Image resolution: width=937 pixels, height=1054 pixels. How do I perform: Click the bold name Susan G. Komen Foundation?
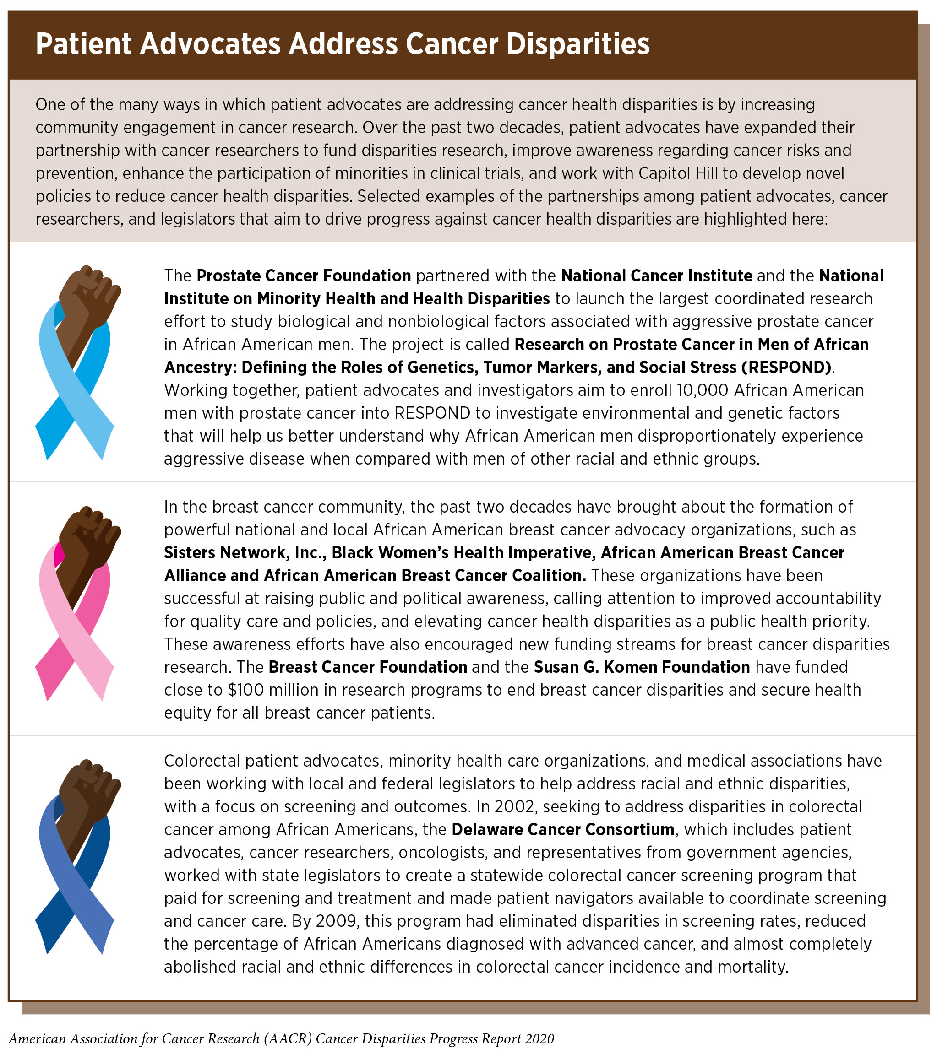pos(641,667)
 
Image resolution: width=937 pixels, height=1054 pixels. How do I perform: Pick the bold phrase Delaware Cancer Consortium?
pos(563,829)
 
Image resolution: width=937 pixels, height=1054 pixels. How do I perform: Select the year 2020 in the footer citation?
pos(539,1038)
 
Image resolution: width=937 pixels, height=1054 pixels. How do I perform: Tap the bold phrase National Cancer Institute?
pos(656,276)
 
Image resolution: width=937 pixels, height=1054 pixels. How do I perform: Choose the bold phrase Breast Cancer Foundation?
pos(367,667)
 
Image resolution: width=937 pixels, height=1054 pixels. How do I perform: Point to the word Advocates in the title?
pos(211,44)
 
